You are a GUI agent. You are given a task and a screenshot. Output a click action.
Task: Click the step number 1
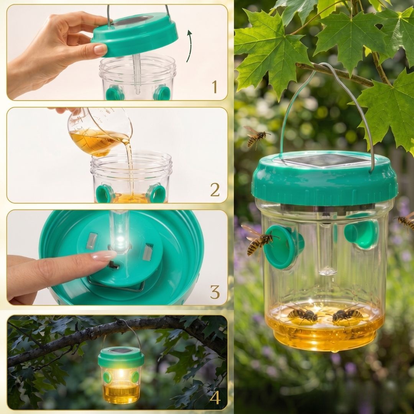click(214, 87)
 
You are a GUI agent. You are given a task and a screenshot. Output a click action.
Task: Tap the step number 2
click(215, 190)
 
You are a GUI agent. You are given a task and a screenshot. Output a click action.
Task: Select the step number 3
click(215, 292)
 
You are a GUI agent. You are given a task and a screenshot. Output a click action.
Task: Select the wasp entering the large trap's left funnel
click(258, 241)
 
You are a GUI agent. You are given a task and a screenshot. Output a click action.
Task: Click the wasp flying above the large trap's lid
click(256, 136)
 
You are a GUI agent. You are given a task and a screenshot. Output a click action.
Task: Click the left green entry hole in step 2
click(104, 194)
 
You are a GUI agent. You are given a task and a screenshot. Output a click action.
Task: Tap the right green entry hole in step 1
click(162, 93)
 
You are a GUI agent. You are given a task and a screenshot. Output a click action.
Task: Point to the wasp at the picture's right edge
click(405, 221)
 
